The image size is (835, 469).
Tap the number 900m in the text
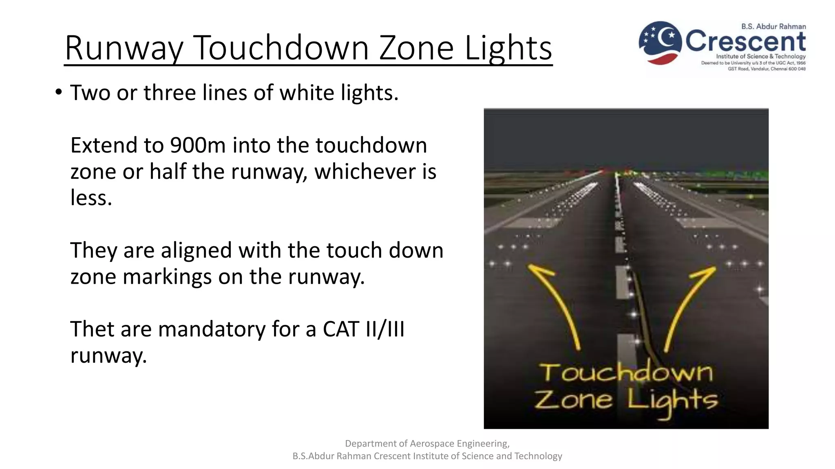[x=198, y=145]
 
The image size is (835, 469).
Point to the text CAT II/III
[x=364, y=329]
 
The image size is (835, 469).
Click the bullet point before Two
[x=59, y=92]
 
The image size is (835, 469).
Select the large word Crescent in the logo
[x=745, y=41]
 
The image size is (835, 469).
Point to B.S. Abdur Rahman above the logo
[x=773, y=26]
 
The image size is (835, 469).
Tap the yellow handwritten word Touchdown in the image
[x=626, y=373]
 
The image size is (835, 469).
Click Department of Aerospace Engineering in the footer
[x=427, y=443]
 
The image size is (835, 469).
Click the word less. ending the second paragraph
[x=91, y=198]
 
